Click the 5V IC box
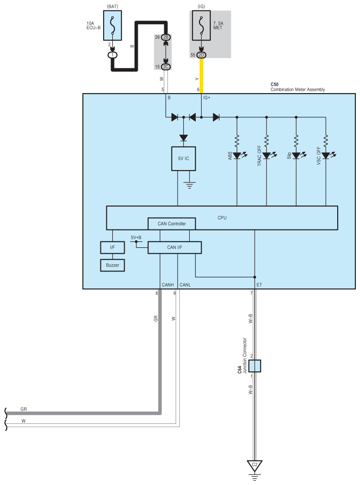(183, 158)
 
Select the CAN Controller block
(172, 224)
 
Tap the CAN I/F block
(174, 247)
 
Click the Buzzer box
(112, 265)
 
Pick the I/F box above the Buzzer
(112, 247)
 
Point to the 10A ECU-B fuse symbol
(112, 26)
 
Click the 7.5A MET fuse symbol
(201, 26)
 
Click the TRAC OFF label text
(259, 156)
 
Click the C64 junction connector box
(255, 366)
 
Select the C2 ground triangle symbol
(255, 465)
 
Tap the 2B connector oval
(166, 37)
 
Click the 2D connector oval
(201, 55)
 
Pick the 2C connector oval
(166, 67)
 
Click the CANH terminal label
(167, 285)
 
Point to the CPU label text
(222, 218)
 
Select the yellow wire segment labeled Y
(201, 75)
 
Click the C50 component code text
(274, 84)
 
